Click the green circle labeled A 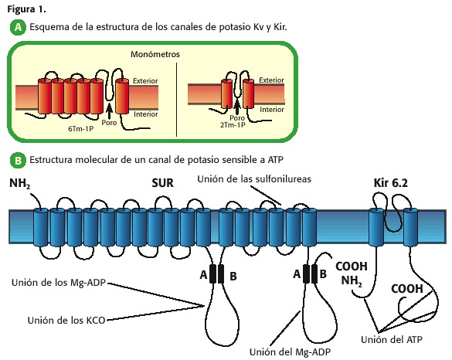[18, 27]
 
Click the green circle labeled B [18, 160]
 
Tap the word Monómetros [155, 54]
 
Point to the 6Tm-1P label [80, 129]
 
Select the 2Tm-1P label [233, 125]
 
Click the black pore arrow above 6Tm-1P [109, 110]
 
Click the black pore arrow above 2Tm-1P [237, 107]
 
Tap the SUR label [162, 183]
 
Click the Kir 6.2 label [391, 183]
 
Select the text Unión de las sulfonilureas [254, 179]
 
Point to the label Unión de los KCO [66, 321]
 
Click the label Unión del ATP [392, 340]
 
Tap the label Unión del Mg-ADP [290, 352]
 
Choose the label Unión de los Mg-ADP [59, 283]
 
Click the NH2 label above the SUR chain [19, 184]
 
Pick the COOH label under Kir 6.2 [407, 288]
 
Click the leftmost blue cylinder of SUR [41, 228]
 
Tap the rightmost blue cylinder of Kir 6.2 [410, 228]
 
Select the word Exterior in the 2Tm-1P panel [271, 80]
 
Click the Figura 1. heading [26, 9]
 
